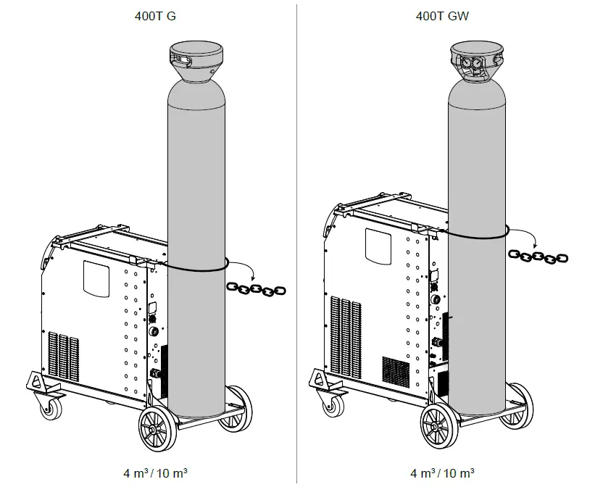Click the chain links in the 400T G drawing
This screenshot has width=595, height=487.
coord(257,289)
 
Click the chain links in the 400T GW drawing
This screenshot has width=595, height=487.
coord(538,256)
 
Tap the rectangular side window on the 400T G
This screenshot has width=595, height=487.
coord(97,275)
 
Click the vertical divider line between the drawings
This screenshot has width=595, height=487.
coord(297,239)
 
